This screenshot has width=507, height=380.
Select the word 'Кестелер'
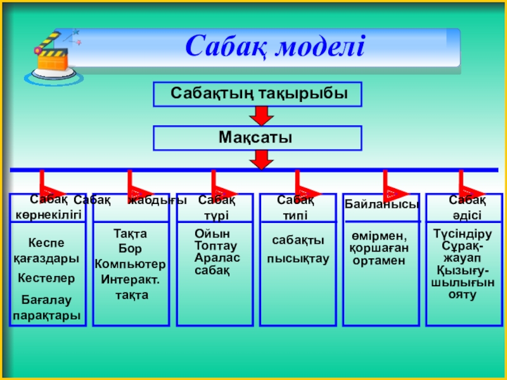point(46,278)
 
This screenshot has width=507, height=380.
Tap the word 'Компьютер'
point(131,263)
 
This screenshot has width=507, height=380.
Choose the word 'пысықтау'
point(298,258)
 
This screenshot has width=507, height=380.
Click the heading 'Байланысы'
point(382,204)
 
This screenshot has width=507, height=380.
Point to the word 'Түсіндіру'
point(463,234)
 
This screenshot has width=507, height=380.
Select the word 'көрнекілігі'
point(49,214)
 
